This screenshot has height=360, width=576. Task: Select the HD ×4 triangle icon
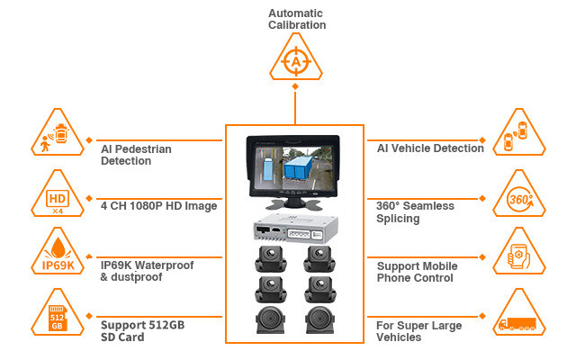click(x=58, y=198)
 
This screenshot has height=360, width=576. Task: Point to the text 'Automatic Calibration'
click(x=296, y=19)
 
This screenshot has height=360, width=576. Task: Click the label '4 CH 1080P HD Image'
click(x=158, y=206)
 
